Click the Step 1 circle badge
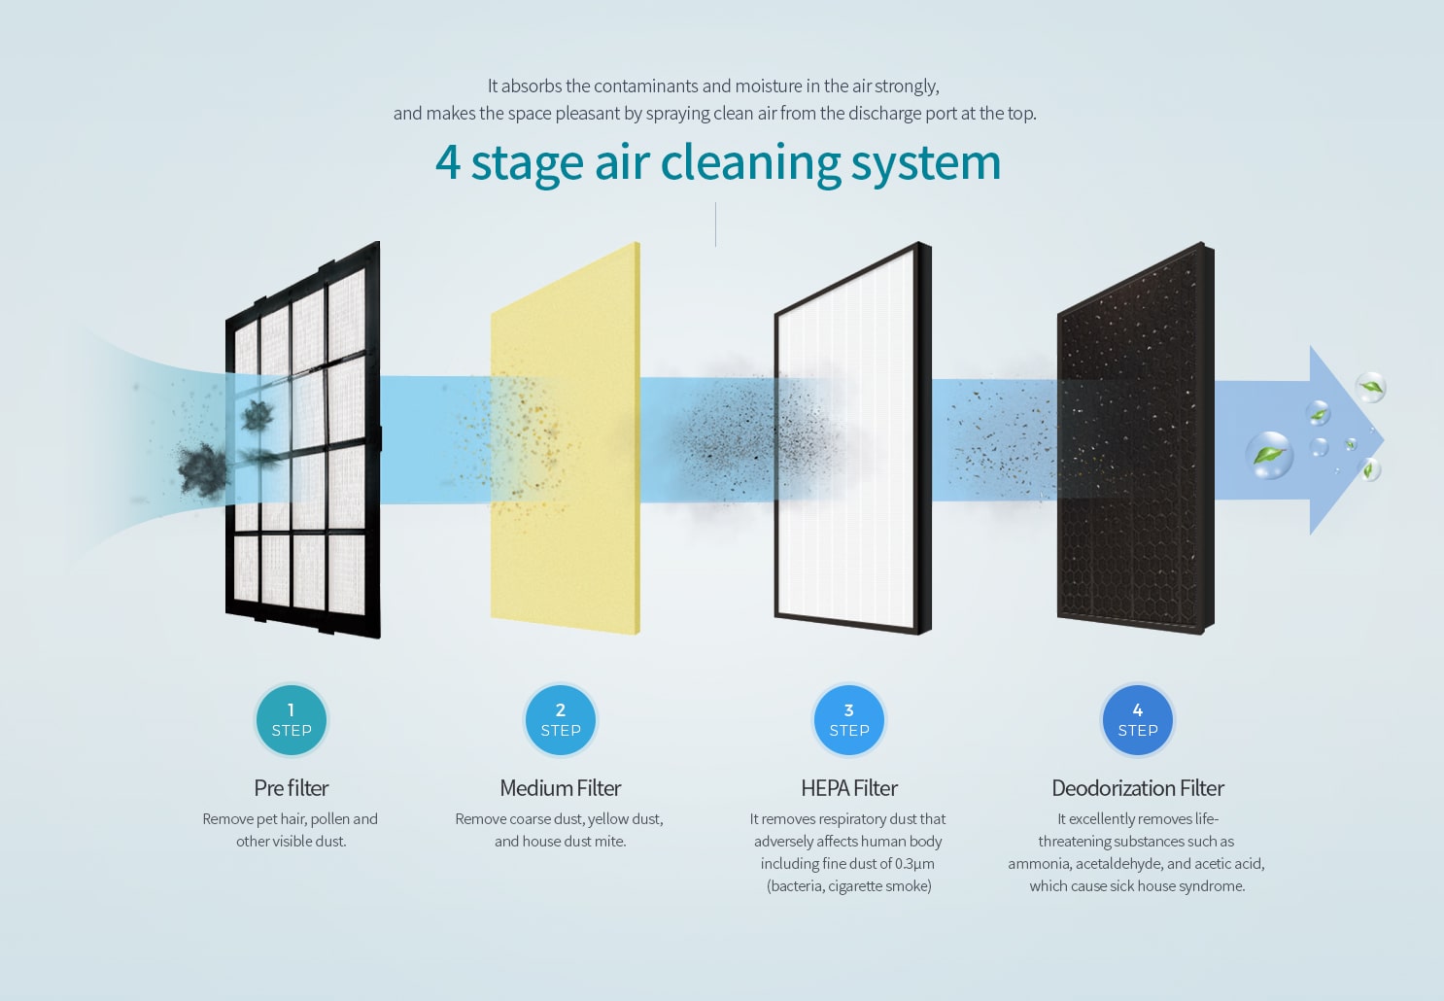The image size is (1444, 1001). coord(292,720)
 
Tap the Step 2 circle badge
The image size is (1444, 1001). coord(560,720)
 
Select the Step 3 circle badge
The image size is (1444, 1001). coord(849,720)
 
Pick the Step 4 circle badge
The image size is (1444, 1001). coord(1138,720)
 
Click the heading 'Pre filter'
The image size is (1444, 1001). coord(292,787)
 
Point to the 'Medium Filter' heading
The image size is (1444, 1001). coord(560,787)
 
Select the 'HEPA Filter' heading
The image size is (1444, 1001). coord(849,787)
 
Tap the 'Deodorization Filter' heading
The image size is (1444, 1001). coord(1138,787)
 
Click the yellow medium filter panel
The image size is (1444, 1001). coord(566,438)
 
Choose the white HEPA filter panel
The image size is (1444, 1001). coord(853,438)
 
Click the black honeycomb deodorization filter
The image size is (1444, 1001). coord(1136,438)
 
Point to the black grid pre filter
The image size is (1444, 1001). coord(303,440)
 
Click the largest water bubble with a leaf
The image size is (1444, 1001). coord(1269,455)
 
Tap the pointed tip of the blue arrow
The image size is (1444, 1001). coord(1384,440)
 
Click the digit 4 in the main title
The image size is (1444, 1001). coord(448,162)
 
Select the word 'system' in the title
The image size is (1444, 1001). coord(926,165)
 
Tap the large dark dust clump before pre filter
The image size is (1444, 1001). coord(203,468)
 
